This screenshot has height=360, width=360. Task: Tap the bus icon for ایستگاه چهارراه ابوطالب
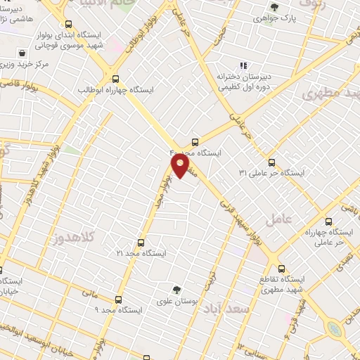(116, 78)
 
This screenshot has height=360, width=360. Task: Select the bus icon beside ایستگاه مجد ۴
(195, 141)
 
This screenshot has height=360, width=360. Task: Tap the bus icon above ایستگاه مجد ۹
(118, 298)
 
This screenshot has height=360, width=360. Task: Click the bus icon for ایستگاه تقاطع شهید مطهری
(282, 268)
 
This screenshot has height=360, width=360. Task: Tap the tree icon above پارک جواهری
(274, 8)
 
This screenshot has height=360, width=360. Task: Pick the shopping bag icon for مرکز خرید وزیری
(22, 53)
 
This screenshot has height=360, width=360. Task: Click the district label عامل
(298, 219)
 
